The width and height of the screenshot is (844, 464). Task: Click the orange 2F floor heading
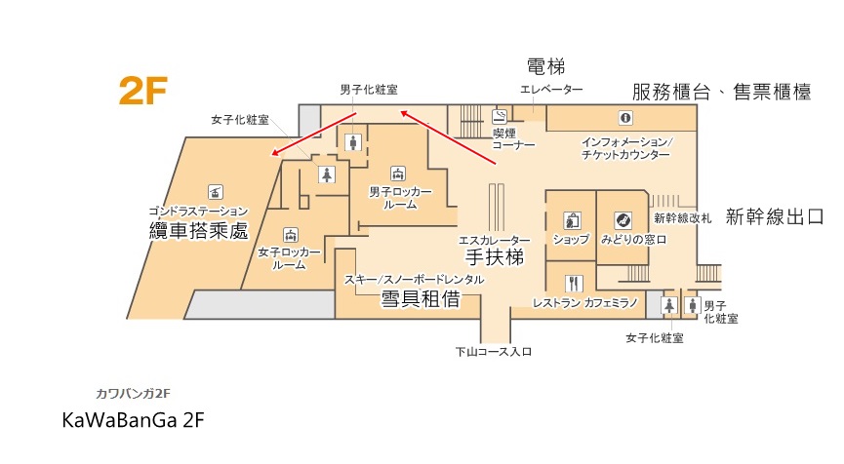(143, 91)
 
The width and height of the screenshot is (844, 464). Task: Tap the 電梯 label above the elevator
(545, 66)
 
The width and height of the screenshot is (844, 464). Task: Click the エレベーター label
(551, 90)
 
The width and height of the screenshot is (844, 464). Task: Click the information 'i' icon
(624, 118)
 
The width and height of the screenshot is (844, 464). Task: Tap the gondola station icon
(216, 189)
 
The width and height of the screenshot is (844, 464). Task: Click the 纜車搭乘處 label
(198, 231)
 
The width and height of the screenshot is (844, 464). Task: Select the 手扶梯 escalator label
(494, 258)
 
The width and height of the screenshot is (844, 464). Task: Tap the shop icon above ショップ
(570, 219)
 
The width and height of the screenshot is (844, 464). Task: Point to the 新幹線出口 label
(775, 217)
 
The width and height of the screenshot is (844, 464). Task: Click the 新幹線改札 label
(683, 218)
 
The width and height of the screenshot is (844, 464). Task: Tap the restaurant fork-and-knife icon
(574, 284)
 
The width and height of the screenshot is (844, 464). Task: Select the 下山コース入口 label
(494, 352)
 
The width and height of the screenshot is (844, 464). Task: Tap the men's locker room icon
(397, 173)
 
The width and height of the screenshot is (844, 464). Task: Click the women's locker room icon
(290, 234)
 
